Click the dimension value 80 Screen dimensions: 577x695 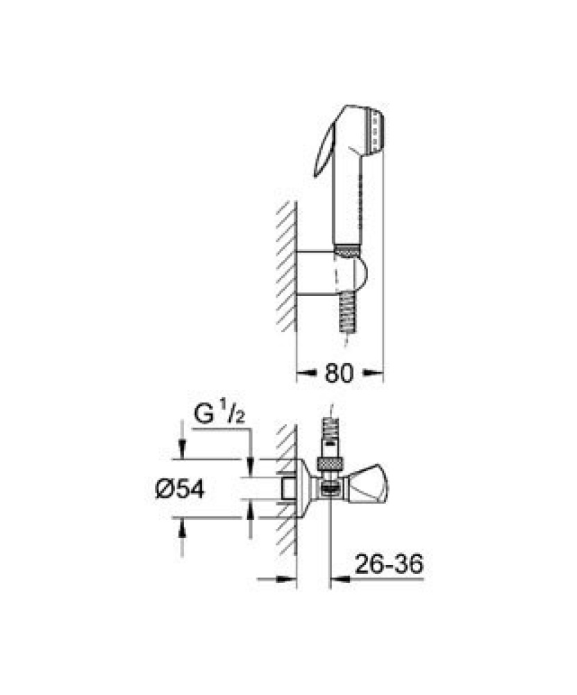click(340, 373)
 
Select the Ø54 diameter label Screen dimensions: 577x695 click(181, 489)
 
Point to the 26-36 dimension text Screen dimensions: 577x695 click(390, 564)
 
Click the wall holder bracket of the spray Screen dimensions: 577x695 click(331, 272)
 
